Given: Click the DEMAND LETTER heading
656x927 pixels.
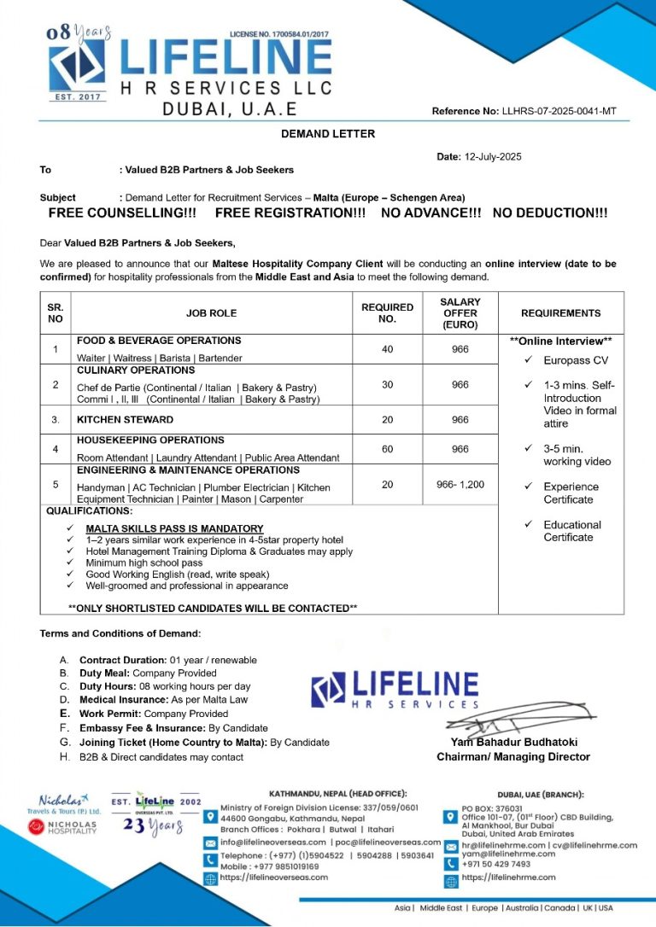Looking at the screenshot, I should point(328,134).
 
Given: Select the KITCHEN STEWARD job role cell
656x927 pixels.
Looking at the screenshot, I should point(125,419).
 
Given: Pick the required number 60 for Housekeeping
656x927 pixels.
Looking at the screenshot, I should point(387,448).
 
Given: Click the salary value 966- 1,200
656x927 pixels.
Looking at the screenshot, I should point(460,485).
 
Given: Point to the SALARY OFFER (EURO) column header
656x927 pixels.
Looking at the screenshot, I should point(460,313).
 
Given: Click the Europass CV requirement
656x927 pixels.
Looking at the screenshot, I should point(576,360).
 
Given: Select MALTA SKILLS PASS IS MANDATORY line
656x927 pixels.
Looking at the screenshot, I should point(174,528).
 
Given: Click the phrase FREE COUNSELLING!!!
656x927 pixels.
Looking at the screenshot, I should point(122,213).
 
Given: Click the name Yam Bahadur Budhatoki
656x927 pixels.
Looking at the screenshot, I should point(512,743).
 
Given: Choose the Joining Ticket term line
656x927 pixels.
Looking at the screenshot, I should point(203,743).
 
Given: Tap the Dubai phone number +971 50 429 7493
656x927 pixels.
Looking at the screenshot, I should point(495,864).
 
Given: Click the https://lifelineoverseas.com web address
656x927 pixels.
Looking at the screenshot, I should point(274,877).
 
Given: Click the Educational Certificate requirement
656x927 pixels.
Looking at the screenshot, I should point(571,531).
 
